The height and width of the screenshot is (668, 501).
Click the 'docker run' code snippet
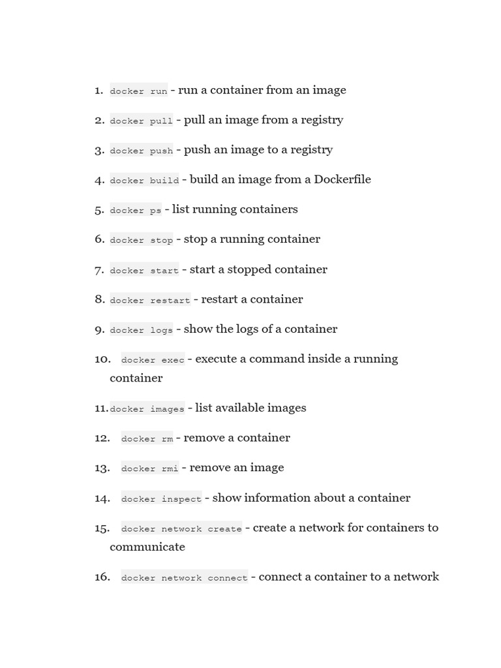tap(138, 91)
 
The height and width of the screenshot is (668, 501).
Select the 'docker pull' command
tap(142, 121)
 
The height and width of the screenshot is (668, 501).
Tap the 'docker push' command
tap(142, 151)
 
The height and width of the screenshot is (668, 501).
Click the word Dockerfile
tap(342, 179)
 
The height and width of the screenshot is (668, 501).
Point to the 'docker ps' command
tap(136, 210)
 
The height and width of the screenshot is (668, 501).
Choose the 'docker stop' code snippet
tap(142, 240)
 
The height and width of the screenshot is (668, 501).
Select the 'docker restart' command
tap(150, 300)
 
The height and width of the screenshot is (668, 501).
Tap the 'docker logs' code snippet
tap(142, 330)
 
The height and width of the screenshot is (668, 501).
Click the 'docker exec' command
tap(153, 359)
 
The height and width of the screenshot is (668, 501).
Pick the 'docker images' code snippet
tap(147, 409)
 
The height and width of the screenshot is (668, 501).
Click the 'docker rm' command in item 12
tap(147, 438)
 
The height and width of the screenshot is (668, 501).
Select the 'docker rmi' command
tap(149, 468)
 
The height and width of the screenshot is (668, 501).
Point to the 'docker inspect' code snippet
tap(161, 499)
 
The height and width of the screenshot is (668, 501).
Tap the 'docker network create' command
tap(181, 528)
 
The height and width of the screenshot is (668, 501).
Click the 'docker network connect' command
tap(184, 577)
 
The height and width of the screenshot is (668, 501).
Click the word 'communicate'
tap(147, 547)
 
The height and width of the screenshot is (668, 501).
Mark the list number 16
tap(102, 577)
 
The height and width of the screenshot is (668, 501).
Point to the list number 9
tap(99, 329)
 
